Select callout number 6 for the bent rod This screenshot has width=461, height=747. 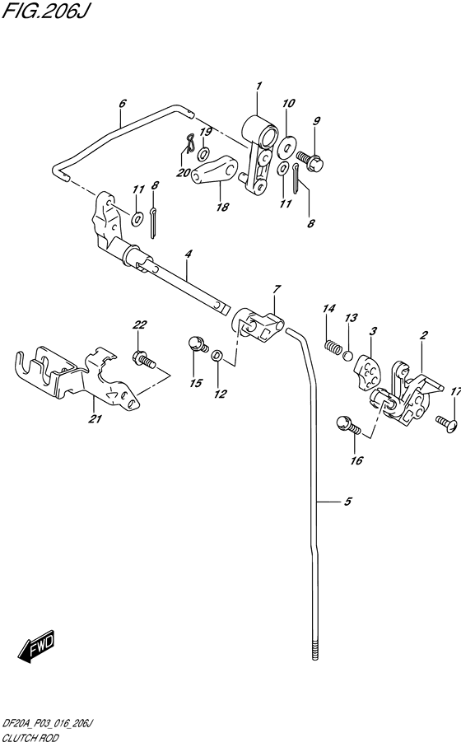pos(122,104)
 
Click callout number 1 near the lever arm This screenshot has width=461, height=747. pos(258,86)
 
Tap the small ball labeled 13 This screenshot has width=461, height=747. pos(348,356)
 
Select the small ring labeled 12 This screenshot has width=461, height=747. pos(217,356)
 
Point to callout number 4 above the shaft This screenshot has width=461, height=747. pos(188,255)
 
